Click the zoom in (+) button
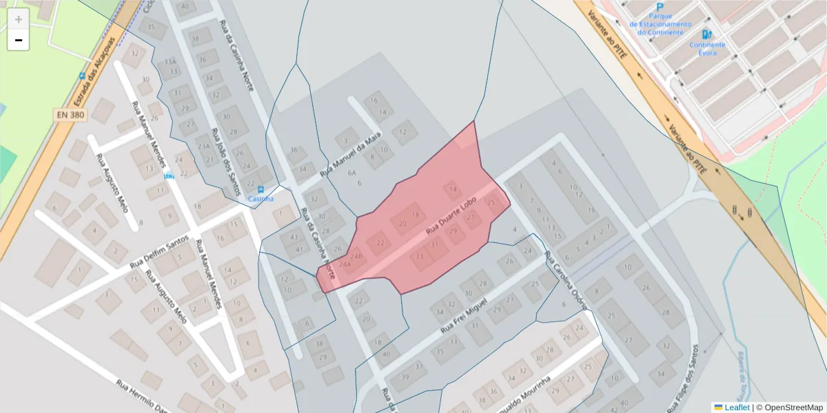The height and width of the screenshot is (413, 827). [x=19, y=19]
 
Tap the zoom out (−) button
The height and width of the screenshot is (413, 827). [x=19, y=40]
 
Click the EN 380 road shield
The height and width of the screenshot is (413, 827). [x=71, y=115]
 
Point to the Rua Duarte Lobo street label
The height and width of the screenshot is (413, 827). [x=451, y=215]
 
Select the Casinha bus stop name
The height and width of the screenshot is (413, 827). [x=261, y=199]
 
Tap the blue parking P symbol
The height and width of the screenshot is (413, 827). [x=660, y=6]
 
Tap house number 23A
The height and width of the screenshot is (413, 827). [x=203, y=146]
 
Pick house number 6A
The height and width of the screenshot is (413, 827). [x=351, y=173]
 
